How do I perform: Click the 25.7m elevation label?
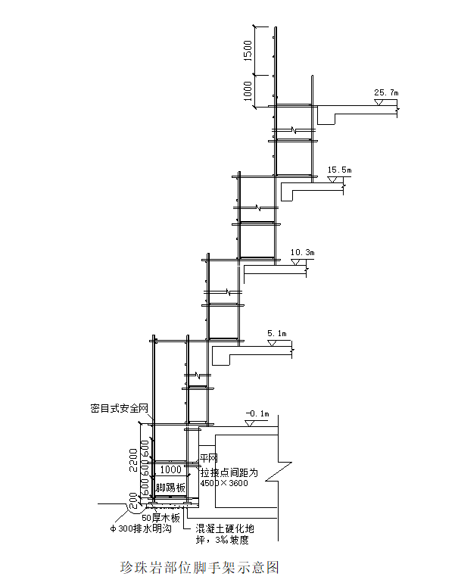coord(386,92)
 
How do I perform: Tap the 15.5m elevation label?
coord(340,170)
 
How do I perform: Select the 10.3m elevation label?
coord(303,252)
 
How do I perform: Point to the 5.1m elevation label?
coord(277,333)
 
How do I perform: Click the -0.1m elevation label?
coord(257,413)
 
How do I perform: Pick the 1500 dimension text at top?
coord(248,51)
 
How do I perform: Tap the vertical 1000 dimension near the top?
coord(248,91)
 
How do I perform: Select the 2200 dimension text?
coord(133,460)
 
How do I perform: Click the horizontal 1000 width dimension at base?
coord(171,469)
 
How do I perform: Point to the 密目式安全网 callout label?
coord(120,408)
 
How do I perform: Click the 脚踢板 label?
coord(170,488)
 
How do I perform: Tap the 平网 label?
coord(208,458)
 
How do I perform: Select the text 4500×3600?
coord(224,483)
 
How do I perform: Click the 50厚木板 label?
coord(161,518)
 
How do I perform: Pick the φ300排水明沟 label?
coord(141,529)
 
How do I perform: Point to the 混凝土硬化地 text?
coord(225,528)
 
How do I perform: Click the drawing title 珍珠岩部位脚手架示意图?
coord(200,567)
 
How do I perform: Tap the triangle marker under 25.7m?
coord(379,102)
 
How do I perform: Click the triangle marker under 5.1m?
coord(272,343)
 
